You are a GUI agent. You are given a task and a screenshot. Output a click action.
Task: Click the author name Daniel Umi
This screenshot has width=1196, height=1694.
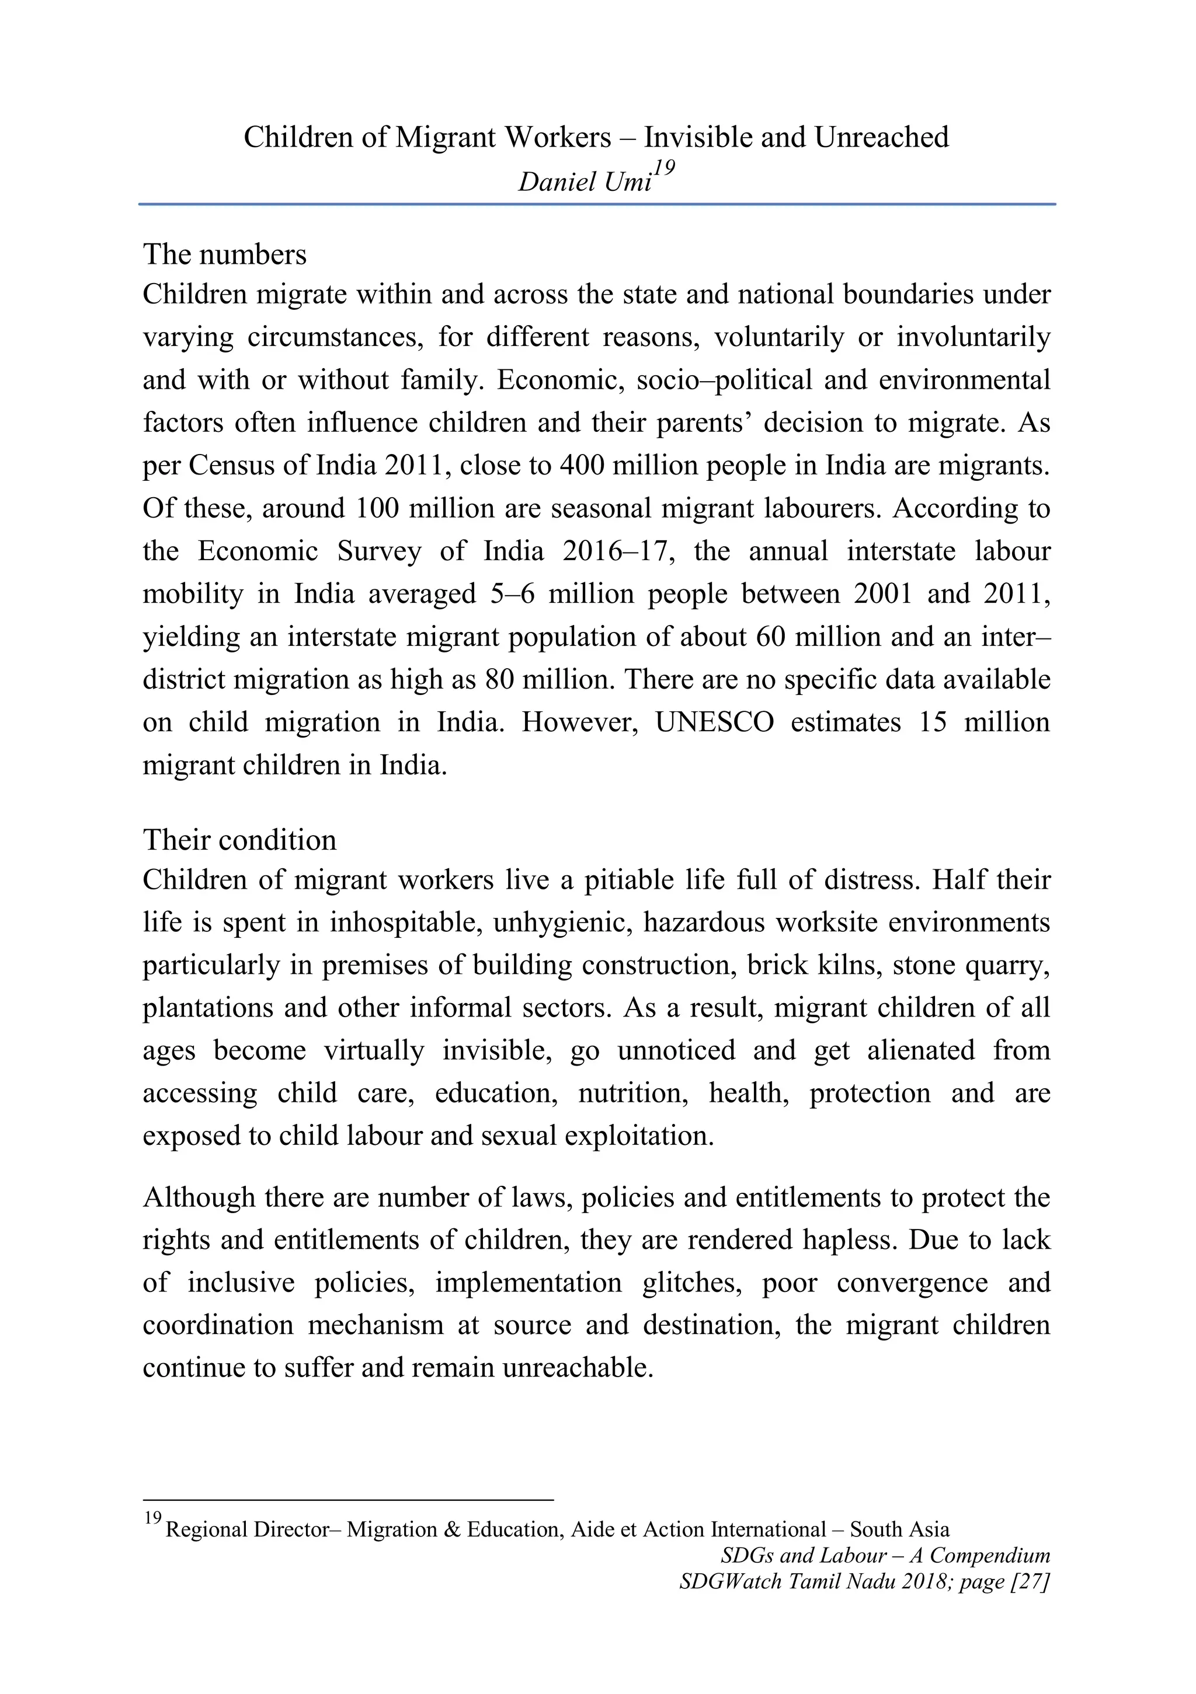(x=584, y=181)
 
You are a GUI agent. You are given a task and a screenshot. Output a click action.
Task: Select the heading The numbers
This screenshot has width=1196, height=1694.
(x=224, y=254)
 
